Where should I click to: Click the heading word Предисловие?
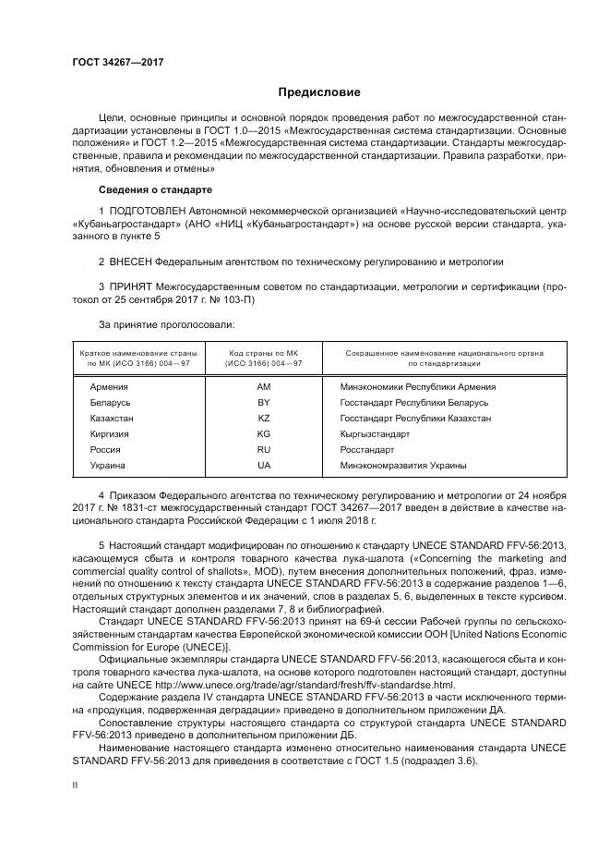319,92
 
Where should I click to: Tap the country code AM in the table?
263,387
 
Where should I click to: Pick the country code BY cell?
263,403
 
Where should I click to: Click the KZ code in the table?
263,419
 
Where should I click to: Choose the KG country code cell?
263,433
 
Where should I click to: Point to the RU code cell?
263,449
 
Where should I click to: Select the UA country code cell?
263,465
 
